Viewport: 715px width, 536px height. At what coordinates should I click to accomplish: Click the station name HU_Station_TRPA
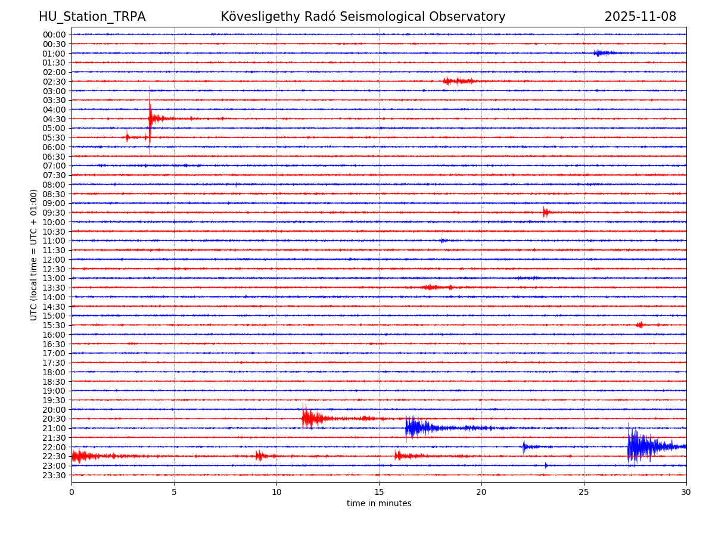[92, 17]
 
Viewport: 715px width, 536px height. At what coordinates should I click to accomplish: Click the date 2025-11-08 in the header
[640, 17]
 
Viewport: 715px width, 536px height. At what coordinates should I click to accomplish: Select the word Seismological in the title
[391, 17]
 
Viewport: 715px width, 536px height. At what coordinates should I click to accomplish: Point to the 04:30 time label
[54, 119]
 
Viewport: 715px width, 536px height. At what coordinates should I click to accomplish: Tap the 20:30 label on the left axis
[54, 419]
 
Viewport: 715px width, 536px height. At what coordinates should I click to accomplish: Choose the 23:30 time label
[54, 475]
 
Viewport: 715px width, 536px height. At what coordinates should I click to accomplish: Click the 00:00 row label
[54, 35]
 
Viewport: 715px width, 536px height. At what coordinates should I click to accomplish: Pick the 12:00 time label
[54, 260]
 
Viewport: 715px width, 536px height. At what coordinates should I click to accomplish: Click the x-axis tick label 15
[379, 493]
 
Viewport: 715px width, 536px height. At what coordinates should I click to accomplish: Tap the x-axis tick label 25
[584, 493]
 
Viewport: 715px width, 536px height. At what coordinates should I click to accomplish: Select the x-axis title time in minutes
[379, 504]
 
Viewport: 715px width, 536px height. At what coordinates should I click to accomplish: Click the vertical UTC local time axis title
[34, 254]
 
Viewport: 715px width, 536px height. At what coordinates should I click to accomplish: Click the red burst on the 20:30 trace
[310, 418]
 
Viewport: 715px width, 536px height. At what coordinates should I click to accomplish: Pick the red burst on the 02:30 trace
[458, 81]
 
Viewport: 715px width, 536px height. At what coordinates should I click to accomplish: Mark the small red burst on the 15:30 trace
[639, 325]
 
